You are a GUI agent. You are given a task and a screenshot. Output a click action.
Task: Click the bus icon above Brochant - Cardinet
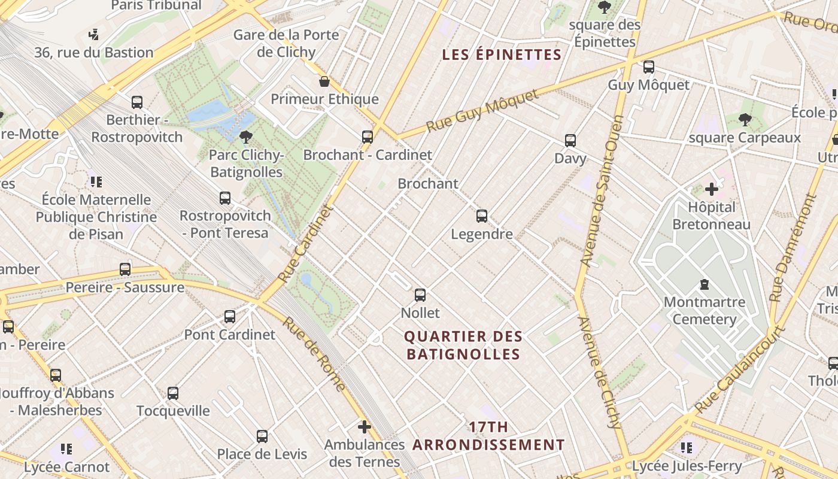pyautogui.click(x=368, y=137)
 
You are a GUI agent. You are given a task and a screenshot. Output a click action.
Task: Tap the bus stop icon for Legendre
pyautogui.click(x=482, y=216)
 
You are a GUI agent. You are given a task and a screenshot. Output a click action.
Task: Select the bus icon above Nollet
pyautogui.click(x=420, y=295)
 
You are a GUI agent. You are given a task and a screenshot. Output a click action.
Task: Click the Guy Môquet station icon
pyautogui.click(x=648, y=67)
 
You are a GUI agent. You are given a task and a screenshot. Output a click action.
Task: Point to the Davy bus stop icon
pyautogui.click(x=570, y=141)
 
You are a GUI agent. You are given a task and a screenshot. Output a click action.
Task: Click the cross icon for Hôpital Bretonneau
pyautogui.click(x=711, y=190)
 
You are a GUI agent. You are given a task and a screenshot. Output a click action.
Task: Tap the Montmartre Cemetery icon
pyautogui.click(x=705, y=284)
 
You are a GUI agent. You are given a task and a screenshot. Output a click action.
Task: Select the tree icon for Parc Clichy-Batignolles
pyautogui.click(x=245, y=138)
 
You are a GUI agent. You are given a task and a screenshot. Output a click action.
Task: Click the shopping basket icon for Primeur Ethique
pyautogui.click(x=324, y=81)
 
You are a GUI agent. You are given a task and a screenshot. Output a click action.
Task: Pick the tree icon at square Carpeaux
pyautogui.click(x=745, y=120)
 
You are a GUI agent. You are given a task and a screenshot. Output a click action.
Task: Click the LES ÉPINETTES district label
pyautogui.click(x=502, y=55)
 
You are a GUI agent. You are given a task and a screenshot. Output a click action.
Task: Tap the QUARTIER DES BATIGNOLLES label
pyautogui.click(x=464, y=345)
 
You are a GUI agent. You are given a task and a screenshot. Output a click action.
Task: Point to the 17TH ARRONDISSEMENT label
pyautogui.click(x=488, y=436)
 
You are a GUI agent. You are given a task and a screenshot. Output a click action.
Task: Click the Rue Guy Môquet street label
pyautogui.click(x=482, y=111)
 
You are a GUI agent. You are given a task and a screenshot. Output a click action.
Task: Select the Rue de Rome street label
pyautogui.click(x=314, y=353)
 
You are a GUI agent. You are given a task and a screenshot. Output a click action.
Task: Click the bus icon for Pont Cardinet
pyautogui.click(x=230, y=317)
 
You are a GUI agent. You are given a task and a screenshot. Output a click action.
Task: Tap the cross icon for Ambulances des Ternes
pyautogui.click(x=364, y=427)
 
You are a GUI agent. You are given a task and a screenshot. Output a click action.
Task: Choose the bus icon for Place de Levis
pyautogui.click(x=262, y=436)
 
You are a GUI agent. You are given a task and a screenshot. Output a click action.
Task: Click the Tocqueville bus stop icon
pyautogui.click(x=173, y=393)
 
